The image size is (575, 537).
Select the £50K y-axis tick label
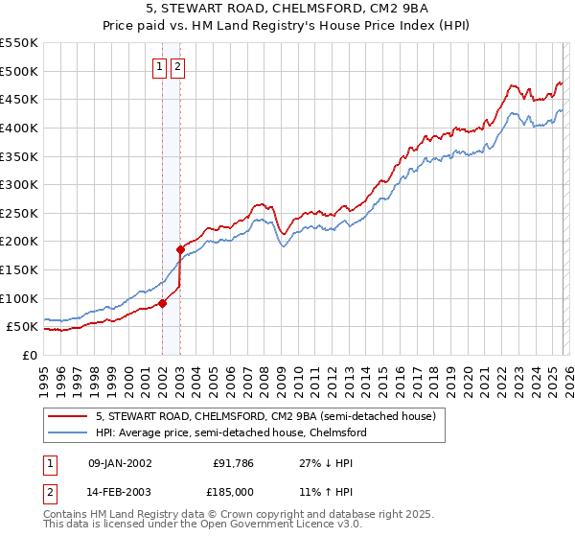(x=23, y=327)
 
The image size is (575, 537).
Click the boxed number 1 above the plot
(x=161, y=67)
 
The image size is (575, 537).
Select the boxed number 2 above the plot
(x=179, y=67)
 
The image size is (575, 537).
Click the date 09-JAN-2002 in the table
(x=120, y=462)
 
